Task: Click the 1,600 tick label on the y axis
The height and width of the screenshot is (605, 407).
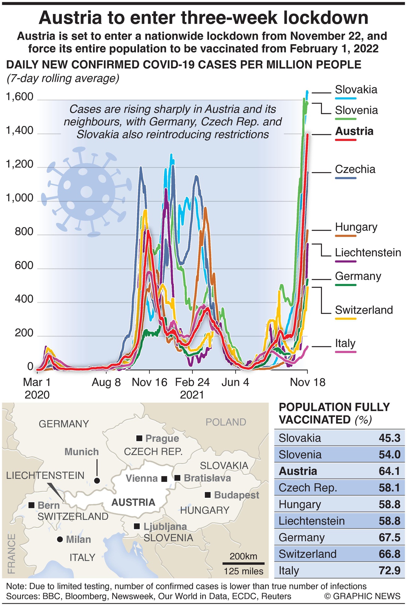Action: click(20, 97)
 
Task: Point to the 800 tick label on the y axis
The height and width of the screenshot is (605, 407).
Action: click(24, 232)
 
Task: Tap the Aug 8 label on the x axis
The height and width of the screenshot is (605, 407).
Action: click(106, 382)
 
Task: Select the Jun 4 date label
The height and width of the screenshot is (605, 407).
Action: click(235, 382)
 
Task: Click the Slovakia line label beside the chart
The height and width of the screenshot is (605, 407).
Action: click(356, 90)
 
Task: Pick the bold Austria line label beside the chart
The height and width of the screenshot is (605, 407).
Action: click(354, 131)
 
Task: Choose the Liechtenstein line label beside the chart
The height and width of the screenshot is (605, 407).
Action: click(368, 253)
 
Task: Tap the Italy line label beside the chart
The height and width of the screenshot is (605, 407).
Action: click(345, 343)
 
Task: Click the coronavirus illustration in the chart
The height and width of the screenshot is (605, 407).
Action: click(87, 192)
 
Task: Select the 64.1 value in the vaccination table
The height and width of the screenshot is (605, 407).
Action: click(389, 471)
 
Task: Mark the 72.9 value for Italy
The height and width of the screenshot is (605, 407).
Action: click(389, 570)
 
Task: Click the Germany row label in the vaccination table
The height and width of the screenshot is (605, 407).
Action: click(301, 537)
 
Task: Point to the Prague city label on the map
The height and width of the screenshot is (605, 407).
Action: click(162, 439)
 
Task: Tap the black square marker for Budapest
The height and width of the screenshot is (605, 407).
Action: click(208, 495)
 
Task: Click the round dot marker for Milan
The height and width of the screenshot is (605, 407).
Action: click(60, 539)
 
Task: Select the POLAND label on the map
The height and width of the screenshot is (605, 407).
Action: click(226, 422)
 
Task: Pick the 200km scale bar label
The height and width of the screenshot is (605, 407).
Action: click(243, 556)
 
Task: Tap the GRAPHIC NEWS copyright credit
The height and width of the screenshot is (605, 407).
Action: click(362, 596)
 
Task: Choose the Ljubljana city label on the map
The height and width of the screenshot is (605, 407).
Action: click(165, 526)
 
